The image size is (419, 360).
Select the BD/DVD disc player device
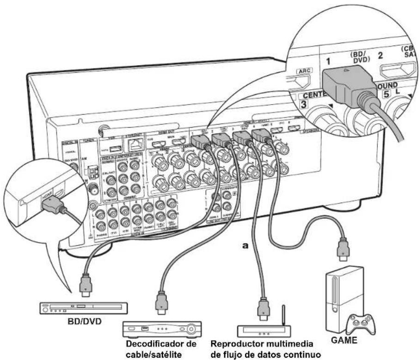point(84,307)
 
